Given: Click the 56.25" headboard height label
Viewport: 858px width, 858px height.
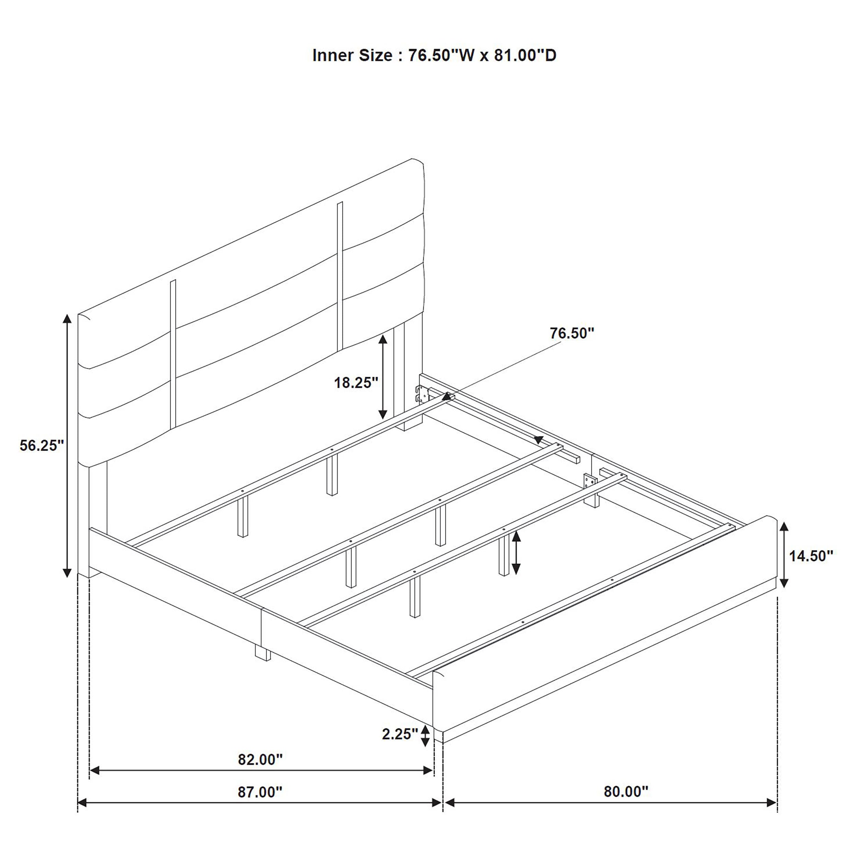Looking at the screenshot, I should coord(42,445).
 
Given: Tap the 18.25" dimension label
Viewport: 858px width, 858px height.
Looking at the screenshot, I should coord(356,382).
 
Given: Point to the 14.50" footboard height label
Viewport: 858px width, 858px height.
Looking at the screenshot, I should coord(811,556).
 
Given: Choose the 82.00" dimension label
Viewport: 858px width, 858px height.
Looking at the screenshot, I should coord(260,760).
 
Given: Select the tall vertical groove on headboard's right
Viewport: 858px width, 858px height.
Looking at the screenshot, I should coord(340,275).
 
